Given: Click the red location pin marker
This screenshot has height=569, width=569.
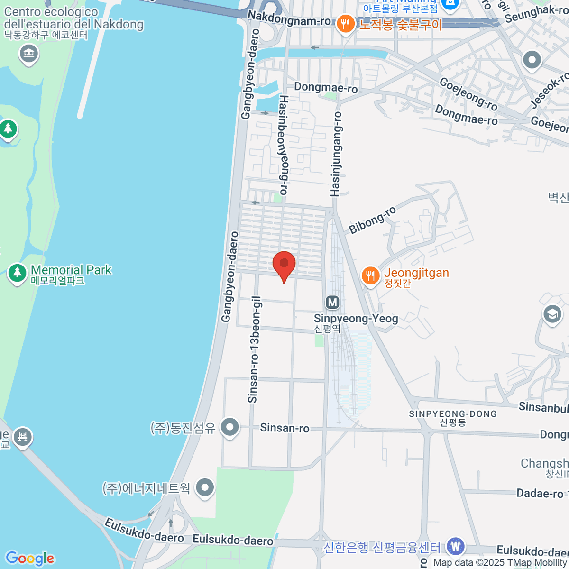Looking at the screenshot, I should [x=284, y=265].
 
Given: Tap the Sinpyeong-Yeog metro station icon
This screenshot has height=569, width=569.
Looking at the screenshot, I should [x=332, y=303].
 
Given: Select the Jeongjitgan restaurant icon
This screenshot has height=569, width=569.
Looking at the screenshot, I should [x=370, y=276].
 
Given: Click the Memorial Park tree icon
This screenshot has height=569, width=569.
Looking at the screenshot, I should [x=18, y=273].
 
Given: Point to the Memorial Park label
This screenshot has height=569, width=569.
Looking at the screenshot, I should [x=71, y=270].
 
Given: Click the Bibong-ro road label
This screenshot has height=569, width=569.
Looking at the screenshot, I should [x=372, y=220].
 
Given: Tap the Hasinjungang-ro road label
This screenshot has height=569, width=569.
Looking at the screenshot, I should [x=336, y=155].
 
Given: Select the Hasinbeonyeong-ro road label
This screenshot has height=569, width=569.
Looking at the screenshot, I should [x=284, y=145].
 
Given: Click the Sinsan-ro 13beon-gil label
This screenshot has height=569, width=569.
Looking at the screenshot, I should [x=254, y=350].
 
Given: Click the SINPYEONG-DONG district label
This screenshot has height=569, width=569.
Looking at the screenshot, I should [x=453, y=414].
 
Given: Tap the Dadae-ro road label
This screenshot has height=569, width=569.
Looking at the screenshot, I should [x=540, y=494].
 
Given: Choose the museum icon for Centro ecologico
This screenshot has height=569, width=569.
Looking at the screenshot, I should [x=29, y=53].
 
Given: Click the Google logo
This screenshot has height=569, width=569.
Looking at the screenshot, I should [x=30, y=559].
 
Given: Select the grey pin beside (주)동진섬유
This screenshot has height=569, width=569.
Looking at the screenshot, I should [x=230, y=427].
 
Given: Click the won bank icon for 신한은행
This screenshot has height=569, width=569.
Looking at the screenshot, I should [x=456, y=546].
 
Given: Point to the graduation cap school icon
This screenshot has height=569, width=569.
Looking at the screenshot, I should [x=552, y=314].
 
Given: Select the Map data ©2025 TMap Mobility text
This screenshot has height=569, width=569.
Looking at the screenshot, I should [x=500, y=563].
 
